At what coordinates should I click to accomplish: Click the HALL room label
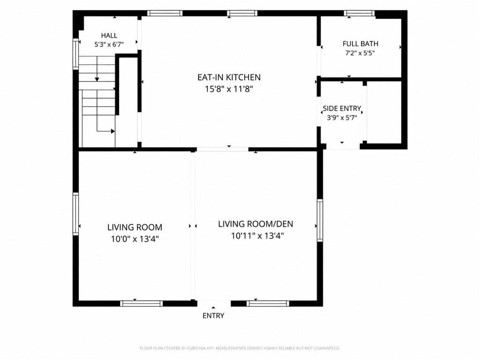(109, 36)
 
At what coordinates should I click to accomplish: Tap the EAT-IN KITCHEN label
(229, 77)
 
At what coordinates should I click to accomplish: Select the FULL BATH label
(360, 44)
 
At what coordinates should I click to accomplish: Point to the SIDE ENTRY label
(342, 108)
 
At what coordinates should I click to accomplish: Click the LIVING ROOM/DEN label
(255, 224)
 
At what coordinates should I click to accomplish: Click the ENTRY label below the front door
(213, 315)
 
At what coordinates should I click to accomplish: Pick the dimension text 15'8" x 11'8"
(229, 89)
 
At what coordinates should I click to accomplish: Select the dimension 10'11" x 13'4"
(257, 236)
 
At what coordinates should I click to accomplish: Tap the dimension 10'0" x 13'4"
(135, 239)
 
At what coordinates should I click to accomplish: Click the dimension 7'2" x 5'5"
(360, 53)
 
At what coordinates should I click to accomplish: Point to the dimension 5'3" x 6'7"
(109, 45)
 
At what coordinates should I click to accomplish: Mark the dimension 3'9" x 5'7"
(342, 118)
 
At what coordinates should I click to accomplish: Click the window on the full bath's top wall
(360, 13)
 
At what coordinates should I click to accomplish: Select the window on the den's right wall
(320, 220)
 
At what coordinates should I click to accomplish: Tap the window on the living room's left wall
(75, 214)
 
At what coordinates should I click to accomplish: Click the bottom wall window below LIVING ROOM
(142, 303)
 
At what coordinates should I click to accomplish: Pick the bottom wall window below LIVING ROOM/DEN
(268, 303)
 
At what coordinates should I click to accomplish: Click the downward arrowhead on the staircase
(97, 79)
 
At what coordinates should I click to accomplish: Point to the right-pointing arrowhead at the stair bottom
(113, 131)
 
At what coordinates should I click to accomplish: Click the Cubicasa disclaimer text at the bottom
(240, 348)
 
